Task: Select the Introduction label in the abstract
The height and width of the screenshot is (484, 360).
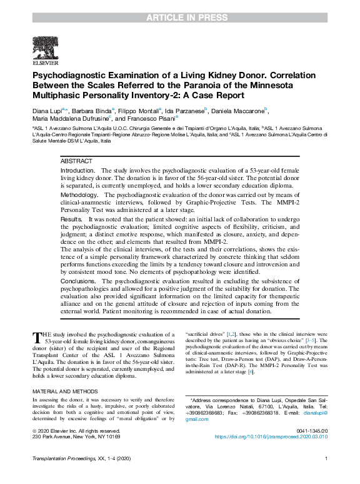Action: pos(78,171)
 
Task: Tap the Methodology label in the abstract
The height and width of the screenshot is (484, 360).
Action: pos(79,195)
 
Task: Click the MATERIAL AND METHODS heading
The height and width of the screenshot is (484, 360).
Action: pos(66,391)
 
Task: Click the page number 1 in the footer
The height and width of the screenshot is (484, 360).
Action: pos(326,476)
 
